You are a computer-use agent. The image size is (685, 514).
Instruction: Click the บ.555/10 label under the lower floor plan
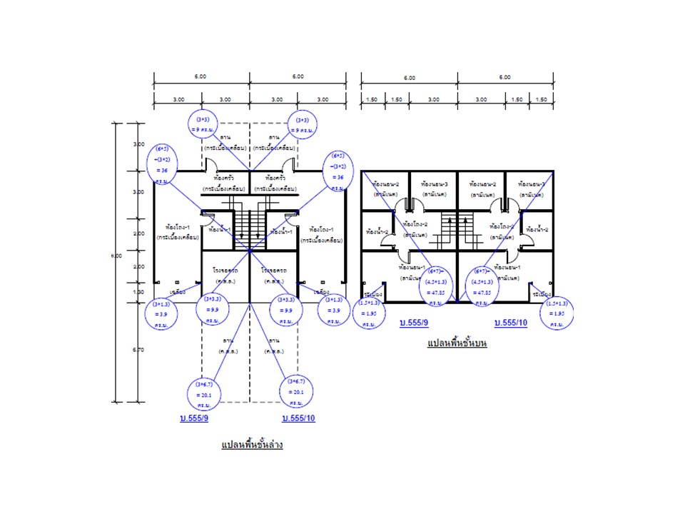[x=298, y=418]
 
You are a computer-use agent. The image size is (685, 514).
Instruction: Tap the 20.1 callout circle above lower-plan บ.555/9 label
[x=205, y=392]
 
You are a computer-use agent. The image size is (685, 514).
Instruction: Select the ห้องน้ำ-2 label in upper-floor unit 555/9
[x=376, y=232]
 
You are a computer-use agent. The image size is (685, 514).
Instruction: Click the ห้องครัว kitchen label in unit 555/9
[x=225, y=178]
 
